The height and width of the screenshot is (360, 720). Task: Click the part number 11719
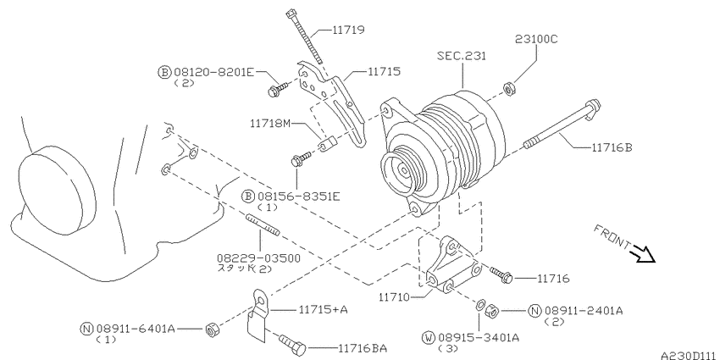(x=348, y=30)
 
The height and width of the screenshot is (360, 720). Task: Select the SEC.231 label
(x=462, y=56)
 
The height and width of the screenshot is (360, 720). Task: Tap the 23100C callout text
(x=536, y=39)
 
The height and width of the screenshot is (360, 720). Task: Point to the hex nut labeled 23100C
(x=509, y=88)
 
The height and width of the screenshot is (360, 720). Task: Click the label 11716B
(x=612, y=147)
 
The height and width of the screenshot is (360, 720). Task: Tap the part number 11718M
(x=270, y=124)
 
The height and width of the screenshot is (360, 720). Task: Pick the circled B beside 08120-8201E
(x=164, y=72)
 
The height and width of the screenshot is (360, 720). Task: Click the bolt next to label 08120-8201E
(x=279, y=89)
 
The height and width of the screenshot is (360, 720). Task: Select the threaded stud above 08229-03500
(x=263, y=224)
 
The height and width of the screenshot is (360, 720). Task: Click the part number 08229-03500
(x=259, y=258)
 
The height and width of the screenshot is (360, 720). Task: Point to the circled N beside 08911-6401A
(x=86, y=329)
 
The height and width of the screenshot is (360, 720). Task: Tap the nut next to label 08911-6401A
(x=212, y=329)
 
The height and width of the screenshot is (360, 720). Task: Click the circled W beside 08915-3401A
(x=429, y=339)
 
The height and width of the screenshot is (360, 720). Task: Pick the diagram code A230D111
(x=690, y=355)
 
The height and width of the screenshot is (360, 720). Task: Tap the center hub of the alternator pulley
(x=403, y=171)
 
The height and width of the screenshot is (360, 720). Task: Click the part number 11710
(x=395, y=297)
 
